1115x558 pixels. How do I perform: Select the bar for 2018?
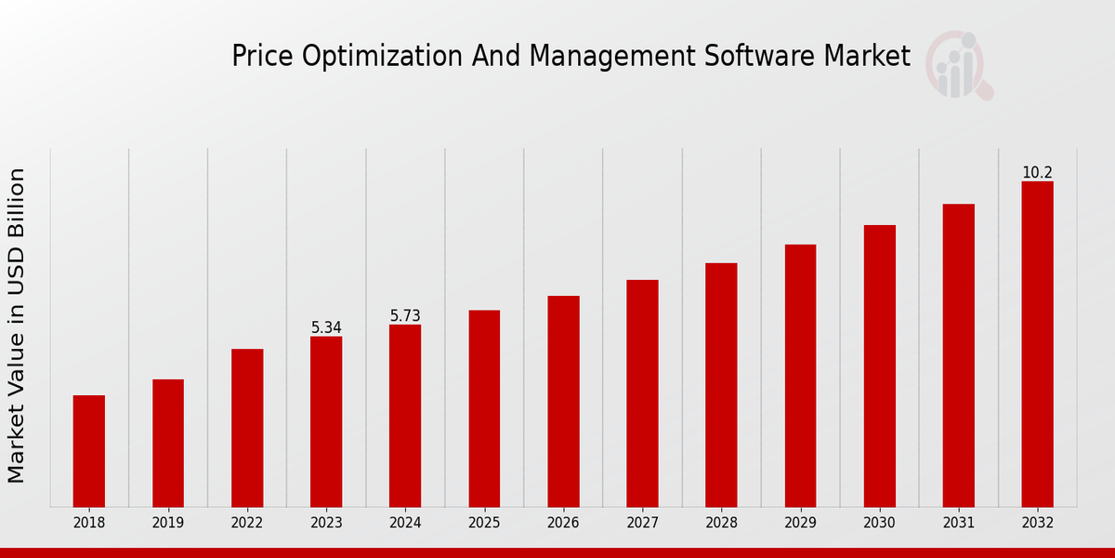point(89,451)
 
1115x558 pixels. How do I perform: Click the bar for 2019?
point(168,443)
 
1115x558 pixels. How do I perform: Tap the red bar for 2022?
point(247,428)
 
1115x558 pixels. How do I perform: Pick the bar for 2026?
point(563,401)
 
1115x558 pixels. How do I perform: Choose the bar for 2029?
point(800,376)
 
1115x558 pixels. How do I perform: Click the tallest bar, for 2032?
point(1037,344)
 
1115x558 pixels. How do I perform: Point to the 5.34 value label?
point(326,327)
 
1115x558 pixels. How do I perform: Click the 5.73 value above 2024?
point(405,316)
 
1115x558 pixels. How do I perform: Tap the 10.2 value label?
point(1037,173)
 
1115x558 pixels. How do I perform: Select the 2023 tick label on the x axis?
point(326,524)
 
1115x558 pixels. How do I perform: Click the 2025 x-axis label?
point(484,524)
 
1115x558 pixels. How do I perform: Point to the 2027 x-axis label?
point(642,524)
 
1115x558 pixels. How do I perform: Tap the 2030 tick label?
point(879,524)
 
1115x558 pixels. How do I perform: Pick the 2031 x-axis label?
point(958,524)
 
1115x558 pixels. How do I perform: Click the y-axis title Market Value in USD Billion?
point(17,325)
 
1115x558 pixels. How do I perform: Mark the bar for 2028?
point(721,385)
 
